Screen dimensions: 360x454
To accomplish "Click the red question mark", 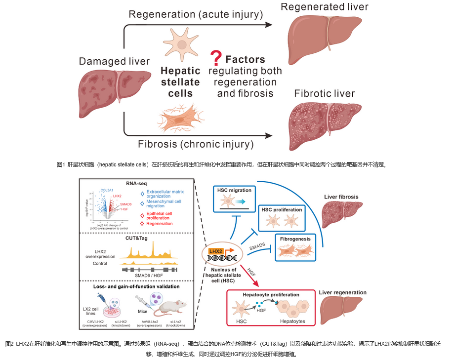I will (x=215, y=59).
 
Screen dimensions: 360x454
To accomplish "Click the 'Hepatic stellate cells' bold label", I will (x=180, y=82).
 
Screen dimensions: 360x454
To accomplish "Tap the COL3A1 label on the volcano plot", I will (x=108, y=190).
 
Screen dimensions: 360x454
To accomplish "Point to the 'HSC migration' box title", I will (x=234, y=190).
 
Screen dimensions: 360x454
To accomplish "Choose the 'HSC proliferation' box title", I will (x=282, y=210).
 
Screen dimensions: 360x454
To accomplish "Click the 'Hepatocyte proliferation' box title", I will (x=271, y=295).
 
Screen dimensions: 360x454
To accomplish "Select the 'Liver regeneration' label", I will (x=343, y=292).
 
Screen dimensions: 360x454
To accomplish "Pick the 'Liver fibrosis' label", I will (x=341, y=197).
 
